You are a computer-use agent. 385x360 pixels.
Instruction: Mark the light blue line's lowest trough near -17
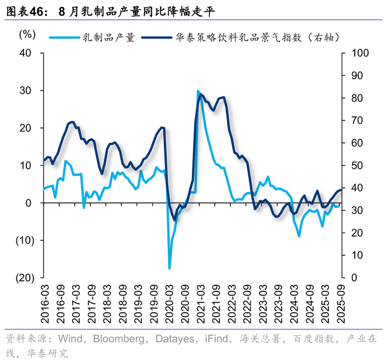(169, 268)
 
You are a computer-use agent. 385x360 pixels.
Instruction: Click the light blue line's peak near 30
(198, 91)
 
